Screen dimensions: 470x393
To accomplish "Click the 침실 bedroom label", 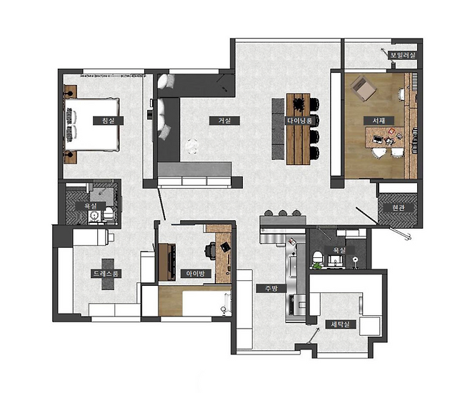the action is [x=108, y=121].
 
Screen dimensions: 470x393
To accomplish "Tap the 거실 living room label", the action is [x=224, y=121].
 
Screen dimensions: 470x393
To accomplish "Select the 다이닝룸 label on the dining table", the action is [x=300, y=121].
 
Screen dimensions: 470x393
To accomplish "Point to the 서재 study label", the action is [x=379, y=121].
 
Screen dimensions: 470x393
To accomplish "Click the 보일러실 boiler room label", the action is [x=402, y=55].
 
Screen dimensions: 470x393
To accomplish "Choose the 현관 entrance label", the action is [x=399, y=207].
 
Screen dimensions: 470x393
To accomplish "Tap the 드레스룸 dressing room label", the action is [x=106, y=274].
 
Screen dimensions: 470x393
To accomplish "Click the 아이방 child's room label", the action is [x=196, y=274].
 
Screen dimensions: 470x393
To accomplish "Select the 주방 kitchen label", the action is [x=271, y=289].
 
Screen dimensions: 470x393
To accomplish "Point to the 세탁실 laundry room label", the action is [x=341, y=324].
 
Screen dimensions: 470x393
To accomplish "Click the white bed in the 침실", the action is [x=92, y=124].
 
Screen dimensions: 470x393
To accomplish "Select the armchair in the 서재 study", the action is [x=364, y=88].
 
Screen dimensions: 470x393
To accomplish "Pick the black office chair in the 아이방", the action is [x=211, y=251].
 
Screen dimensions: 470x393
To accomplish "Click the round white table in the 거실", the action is [x=191, y=146].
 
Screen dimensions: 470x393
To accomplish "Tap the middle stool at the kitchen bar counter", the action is [x=282, y=213].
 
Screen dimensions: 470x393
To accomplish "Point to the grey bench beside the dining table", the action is [x=278, y=129].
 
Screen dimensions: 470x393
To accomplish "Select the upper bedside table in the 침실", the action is [x=71, y=91].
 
